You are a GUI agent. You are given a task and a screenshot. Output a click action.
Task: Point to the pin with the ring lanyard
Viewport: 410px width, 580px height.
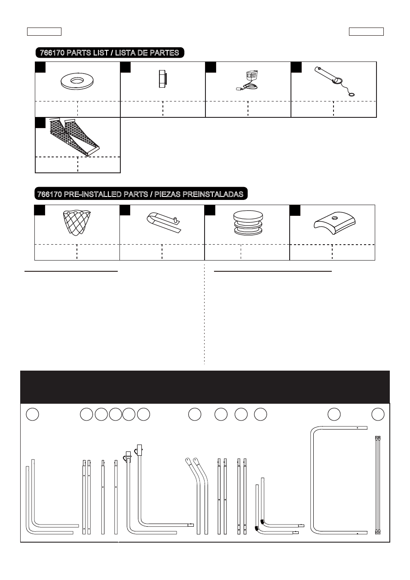(334, 81)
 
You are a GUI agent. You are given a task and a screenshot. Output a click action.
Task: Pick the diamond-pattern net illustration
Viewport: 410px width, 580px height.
(77, 222)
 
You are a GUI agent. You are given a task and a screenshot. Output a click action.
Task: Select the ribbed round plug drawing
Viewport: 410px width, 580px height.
(248, 223)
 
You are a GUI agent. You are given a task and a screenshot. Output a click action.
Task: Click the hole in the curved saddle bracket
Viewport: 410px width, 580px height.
(334, 218)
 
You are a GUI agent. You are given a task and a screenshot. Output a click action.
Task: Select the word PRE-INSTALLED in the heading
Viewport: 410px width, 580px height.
(106, 194)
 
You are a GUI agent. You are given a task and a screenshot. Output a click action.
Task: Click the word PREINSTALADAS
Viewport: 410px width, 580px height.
(213, 194)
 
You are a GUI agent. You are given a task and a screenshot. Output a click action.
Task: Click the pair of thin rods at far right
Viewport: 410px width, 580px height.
(378, 485)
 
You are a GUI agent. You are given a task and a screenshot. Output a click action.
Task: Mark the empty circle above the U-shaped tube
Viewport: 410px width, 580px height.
(334, 414)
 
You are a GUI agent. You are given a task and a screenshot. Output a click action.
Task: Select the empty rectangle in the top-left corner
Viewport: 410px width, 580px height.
(44, 31)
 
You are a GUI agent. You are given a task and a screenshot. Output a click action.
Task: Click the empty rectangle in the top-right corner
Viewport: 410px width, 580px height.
(366, 31)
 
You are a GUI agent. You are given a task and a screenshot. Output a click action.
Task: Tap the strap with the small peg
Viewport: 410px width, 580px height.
(164, 222)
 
